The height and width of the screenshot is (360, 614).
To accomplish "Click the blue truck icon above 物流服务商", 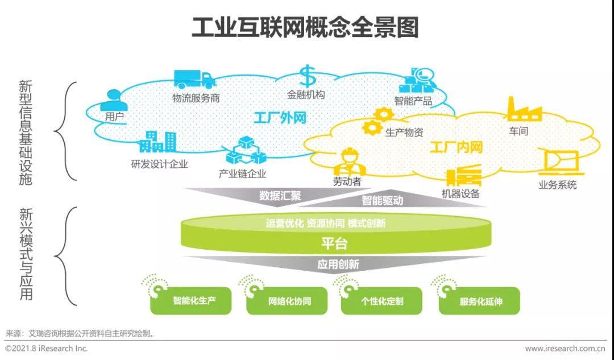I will coord(194,80).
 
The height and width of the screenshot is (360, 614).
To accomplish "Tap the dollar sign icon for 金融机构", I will coord(307,77).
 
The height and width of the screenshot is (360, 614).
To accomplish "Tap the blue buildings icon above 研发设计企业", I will coord(157,142).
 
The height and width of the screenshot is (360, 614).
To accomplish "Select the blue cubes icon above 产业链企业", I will coord(243,151).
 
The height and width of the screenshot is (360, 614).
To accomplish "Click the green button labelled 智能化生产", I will coord(191,301).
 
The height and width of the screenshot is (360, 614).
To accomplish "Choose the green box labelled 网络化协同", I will coord(287,301).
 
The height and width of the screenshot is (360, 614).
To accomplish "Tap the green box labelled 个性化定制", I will coord(381,301).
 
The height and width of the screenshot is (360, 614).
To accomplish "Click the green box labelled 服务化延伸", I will coord(479,301).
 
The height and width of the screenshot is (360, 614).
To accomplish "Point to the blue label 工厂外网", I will coord(280,118).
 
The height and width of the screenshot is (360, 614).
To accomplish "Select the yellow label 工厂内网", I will coord(456,148).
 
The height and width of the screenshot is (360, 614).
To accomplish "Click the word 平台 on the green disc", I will coord(334,244).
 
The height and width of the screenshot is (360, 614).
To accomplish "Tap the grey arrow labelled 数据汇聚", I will coord(280,196).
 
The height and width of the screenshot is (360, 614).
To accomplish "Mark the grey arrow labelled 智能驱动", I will coord(382,200).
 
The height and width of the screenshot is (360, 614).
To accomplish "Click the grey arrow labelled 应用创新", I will coord(338,264).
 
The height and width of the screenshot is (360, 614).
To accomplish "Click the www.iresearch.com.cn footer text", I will coord(564,348).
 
